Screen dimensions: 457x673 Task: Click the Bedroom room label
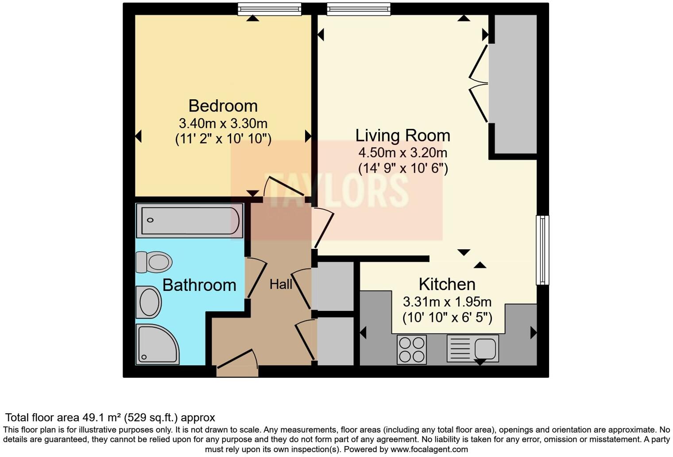coord(223,106)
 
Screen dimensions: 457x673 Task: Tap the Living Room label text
coord(402,136)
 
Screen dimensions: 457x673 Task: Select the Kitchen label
coord(447,284)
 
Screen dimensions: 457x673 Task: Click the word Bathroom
coord(199,285)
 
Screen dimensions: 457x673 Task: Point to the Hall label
coord(281,284)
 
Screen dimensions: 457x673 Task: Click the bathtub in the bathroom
coord(190,221)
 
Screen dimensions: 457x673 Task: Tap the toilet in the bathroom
coord(154,262)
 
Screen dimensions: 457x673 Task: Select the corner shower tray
coord(156,345)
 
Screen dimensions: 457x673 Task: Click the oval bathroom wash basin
coord(149,302)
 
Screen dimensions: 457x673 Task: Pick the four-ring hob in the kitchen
coord(411,349)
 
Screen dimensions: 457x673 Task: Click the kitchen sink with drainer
coord(472,348)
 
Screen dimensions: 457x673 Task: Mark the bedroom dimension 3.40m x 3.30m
coord(223,123)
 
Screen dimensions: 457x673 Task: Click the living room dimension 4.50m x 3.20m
coord(402,153)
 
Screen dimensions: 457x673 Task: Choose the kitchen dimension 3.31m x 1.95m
coord(447,302)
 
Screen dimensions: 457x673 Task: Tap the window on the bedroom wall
coord(269,9)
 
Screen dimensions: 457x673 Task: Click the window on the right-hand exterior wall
coord(542,250)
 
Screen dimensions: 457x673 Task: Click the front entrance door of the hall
coord(237,364)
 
